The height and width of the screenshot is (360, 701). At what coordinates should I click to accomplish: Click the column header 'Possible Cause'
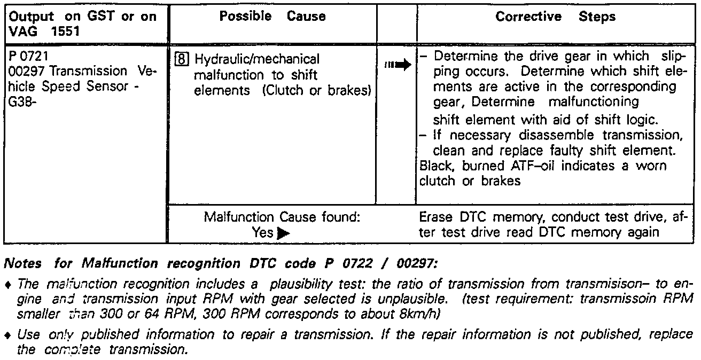tap(272, 17)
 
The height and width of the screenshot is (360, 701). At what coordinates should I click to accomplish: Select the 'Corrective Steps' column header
tap(555, 17)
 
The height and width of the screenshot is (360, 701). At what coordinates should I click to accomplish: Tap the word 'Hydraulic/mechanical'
tap(257, 59)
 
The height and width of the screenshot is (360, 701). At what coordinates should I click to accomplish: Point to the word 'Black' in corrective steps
tap(435, 166)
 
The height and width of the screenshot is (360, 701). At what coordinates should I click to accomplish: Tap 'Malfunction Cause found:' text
tap(282, 217)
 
